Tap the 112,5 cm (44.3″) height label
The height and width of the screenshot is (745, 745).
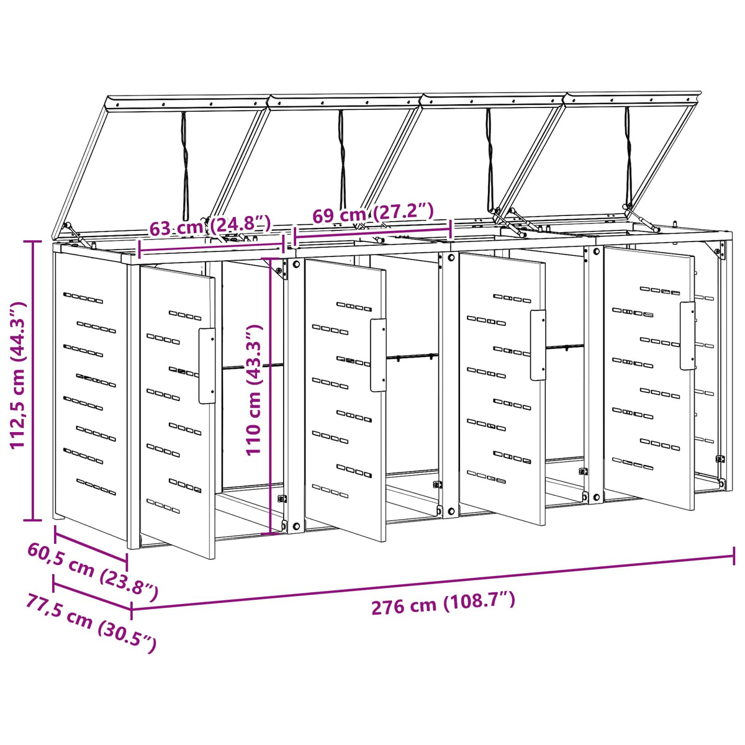18,376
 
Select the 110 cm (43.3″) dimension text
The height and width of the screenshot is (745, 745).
255,391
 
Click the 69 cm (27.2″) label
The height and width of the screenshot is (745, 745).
372,212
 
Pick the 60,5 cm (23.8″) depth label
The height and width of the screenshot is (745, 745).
93,571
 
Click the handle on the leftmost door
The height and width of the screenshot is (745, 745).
207,366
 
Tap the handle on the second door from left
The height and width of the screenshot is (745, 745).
378,355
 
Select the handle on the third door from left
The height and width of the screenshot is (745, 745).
538,345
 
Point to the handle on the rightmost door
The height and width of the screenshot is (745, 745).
687,336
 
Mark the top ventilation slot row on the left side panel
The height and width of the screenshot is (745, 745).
83,298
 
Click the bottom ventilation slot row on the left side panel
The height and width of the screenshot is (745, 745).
96,487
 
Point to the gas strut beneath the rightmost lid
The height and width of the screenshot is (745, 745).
641,219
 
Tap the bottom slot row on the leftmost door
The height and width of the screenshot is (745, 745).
163,507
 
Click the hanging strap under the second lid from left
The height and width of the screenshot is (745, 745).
341,160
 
